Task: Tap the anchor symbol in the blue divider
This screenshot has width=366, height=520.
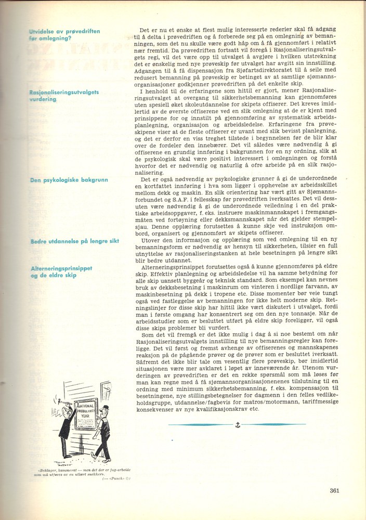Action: tap(237, 426)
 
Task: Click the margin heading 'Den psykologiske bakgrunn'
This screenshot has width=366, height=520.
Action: tap(69, 179)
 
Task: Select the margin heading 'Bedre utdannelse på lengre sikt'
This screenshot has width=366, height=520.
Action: tap(75, 242)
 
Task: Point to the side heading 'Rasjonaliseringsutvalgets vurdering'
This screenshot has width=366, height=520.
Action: tap(64, 95)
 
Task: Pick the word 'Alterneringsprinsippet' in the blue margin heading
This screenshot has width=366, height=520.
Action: tap(61, 268)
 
